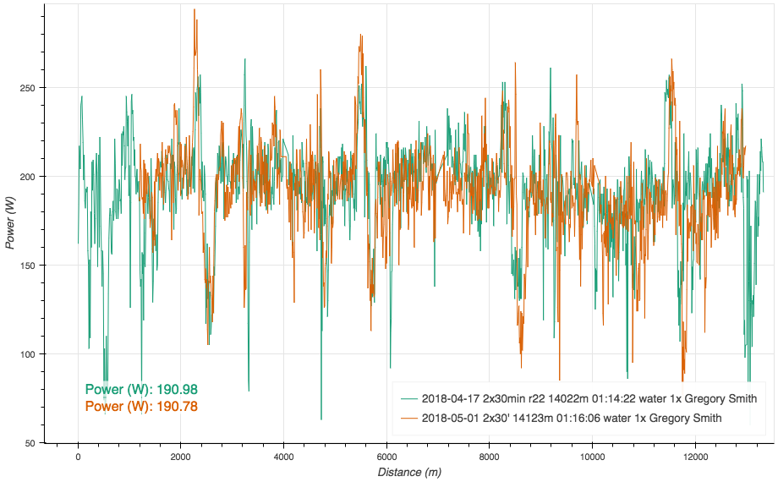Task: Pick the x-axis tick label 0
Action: [78, 457]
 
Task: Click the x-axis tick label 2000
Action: [180, 457]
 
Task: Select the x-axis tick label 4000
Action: [283, 457]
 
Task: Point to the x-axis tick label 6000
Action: [386, 457]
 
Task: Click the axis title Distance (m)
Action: [409, 472]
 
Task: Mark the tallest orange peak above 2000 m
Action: [194, 9]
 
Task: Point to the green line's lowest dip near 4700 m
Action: [321, 419]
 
